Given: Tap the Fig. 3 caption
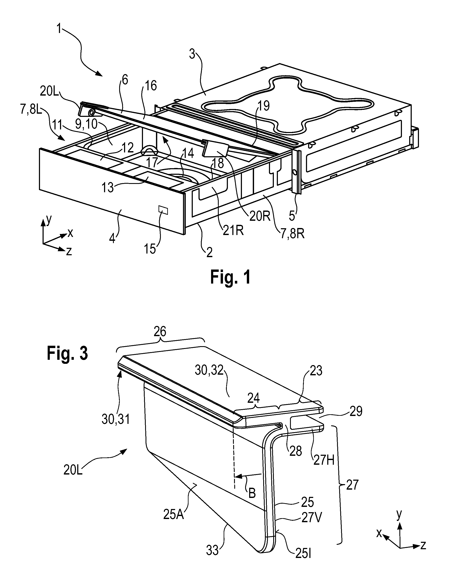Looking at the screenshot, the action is click(67, 353).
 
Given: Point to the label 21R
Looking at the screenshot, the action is click(233, 230).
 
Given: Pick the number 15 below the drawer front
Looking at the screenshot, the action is click(150, 249).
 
